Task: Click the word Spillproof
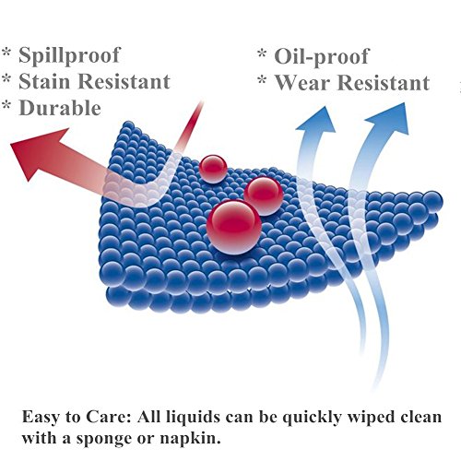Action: (69, 56)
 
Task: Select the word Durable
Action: (60, 108)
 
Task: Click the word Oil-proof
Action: (321, 57)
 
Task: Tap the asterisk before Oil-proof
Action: (262, 53)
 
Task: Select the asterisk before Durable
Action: (6, 104)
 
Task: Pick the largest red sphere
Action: (234, 227)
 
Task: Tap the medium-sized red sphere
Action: (264, 195)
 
